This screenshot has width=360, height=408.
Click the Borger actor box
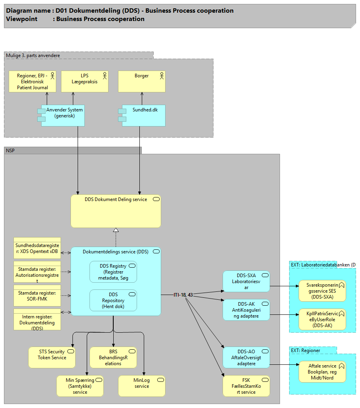pos(142,81)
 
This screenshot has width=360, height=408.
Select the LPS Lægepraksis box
pos(85,81)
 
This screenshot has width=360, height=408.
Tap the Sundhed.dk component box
pos(143,115)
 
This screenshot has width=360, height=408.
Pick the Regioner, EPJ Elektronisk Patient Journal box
pos(32,81)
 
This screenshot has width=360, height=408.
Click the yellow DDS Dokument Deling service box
pos(116,211)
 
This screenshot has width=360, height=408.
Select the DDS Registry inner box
pos(113,272)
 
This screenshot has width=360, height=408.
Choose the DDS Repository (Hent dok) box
pos(113,300)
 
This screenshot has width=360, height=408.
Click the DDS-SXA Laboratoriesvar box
pos(246,281)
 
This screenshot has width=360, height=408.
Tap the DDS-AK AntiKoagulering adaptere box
pos(246,310)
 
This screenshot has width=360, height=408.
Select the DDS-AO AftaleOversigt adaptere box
pos(246,357)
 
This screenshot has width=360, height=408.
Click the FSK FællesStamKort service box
pos(246,386)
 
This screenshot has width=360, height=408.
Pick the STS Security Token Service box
pos(52,357)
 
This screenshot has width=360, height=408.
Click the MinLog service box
pos(141,386)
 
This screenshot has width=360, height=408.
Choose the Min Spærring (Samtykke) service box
pos(80,386)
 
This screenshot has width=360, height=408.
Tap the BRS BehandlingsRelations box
pos(113,357)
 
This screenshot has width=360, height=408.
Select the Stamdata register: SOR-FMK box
pos(37,295)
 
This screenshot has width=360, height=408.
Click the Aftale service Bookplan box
pos(322,372)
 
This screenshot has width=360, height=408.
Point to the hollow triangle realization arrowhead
pos(116,230)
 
